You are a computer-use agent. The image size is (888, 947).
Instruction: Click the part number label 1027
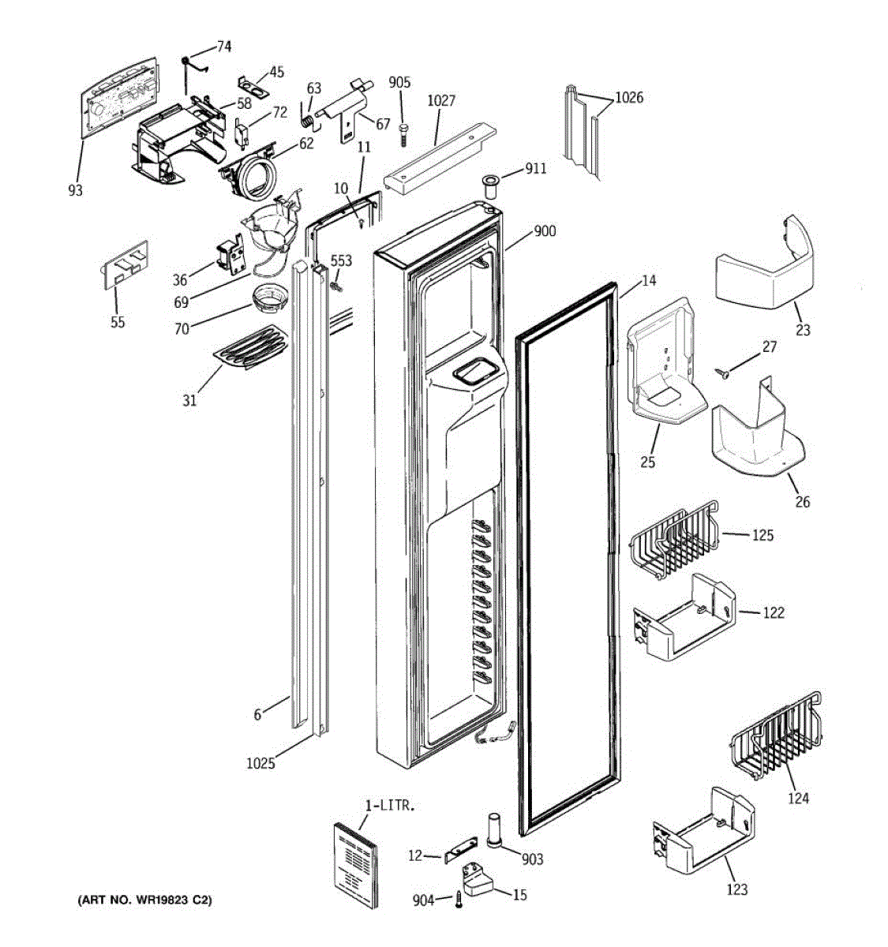(x=441, y=101)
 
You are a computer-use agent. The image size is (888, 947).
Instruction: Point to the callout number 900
(x=545, y=231)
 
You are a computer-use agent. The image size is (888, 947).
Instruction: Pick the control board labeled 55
(x=125, y=265)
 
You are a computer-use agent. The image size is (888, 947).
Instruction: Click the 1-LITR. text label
(x=390, y=806)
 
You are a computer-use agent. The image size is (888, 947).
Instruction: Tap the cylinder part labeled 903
(x=494, y=830)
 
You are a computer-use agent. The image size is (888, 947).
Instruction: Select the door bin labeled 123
(x=703, y=832)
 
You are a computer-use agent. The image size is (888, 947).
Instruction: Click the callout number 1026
(x=629, y=98)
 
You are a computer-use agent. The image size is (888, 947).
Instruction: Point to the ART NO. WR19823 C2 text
(x=144, y=900)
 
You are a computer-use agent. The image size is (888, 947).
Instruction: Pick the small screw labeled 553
(x=336, y=286)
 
